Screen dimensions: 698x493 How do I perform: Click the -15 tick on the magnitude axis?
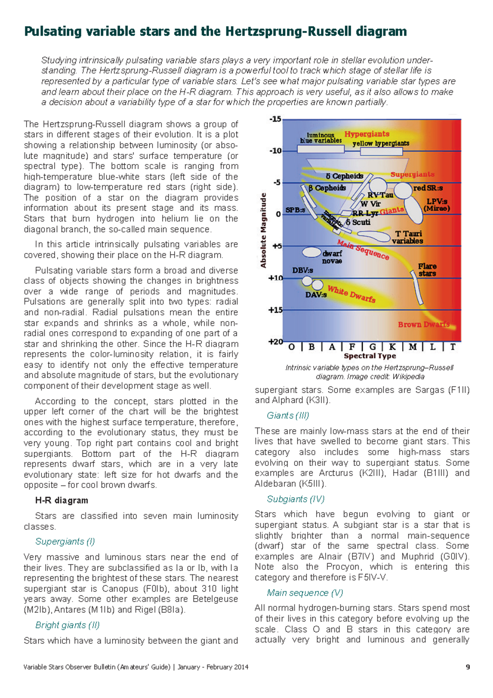[x=275, y=119]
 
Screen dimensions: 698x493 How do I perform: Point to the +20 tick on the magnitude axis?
[x=275, y=342]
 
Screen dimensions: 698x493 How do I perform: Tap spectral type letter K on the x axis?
[x=392, y=347]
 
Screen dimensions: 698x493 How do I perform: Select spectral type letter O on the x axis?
[x=292, y=347]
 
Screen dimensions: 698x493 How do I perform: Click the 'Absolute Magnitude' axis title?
[x=263, y=231]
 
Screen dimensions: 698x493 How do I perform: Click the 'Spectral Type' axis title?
[x=370, y=356]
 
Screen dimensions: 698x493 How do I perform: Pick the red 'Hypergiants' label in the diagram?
[x=367, y=134]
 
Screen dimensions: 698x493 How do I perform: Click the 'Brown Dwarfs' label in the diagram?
[x=424, y=324]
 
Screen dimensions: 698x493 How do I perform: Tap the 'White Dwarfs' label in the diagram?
[x=351, y=294]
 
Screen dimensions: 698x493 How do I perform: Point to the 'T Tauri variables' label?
[x=407, y=237]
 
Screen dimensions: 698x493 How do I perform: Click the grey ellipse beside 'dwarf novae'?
[x=311, y=252]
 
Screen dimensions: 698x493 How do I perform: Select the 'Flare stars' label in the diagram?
[x=427, y=270]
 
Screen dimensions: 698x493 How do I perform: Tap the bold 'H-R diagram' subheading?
[x=62, y=500]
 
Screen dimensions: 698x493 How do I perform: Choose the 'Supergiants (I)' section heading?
[x=65, y=541]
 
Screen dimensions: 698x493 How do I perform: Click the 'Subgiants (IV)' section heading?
[x=295, y=499]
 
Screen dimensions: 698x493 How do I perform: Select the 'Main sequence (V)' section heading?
[x=305, y=593]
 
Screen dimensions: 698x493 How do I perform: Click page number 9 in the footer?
[x=468, y=667]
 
